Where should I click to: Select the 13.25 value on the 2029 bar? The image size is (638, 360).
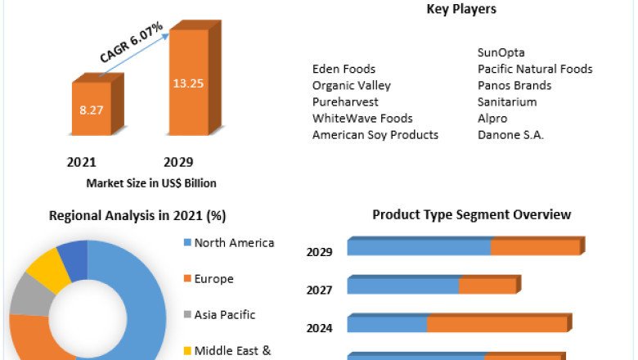(x=188, y=83)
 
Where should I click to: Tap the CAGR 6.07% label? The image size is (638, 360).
(x=132, y=43)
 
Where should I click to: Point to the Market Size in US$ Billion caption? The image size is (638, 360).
(x=151, y=183)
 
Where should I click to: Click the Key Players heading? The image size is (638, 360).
(x=461, y=10)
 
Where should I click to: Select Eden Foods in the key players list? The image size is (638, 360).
(x=344, y=70)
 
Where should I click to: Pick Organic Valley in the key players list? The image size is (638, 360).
(x=352, y=86)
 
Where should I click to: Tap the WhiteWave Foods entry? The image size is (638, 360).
(x=362, y=119)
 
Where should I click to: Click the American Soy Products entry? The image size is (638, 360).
(x=375, y=135)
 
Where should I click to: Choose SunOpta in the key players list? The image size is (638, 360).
(x=501, y=53)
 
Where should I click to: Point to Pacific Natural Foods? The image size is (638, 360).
(x=535, y=70)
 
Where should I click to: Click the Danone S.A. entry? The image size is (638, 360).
(x=510, y=135)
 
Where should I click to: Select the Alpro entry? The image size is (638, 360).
(x=492, y=119)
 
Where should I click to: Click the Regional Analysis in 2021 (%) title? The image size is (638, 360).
(x=137, y=216)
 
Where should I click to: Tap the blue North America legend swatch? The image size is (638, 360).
(x=187, y=243)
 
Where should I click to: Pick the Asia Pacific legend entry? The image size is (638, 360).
(x=224, y=315)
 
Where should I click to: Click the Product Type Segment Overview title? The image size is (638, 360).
(x=471, y=215)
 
